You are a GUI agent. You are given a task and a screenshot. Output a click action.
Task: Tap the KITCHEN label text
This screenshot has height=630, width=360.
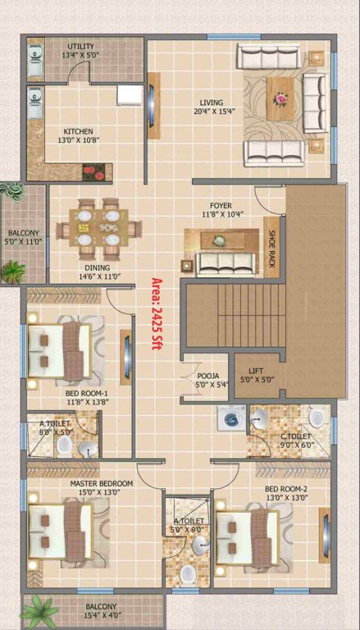(79, 131)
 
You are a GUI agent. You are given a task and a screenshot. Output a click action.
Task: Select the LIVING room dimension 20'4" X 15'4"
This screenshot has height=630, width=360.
(209, 112)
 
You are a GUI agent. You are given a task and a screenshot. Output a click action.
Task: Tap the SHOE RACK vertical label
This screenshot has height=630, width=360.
(272, 249)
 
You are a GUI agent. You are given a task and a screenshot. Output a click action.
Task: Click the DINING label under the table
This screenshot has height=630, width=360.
(95, 267)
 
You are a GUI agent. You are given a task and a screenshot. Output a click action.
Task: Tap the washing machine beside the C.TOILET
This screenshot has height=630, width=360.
(229, 418)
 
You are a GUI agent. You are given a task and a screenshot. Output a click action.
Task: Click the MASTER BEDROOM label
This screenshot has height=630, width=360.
(101, 484)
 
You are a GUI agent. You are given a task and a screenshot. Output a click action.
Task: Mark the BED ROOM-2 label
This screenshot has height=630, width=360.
(285, 490)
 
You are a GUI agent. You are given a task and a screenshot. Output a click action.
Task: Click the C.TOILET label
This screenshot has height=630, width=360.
(294, 436)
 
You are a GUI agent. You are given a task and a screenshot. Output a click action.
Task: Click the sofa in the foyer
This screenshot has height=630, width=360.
(222, 263)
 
